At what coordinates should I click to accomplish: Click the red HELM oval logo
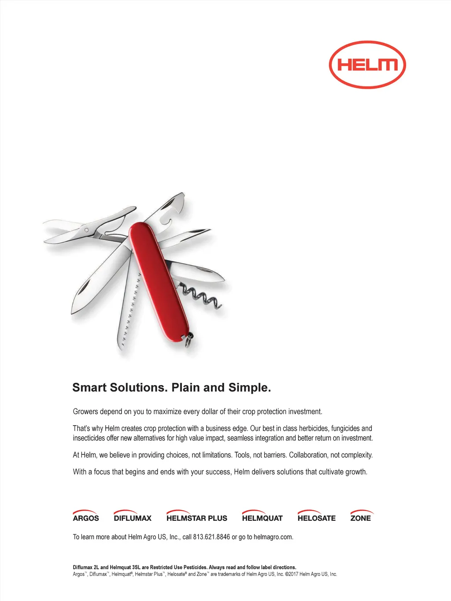pos(367,65)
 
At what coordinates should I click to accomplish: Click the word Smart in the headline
pos(89,388)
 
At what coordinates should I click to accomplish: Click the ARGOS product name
pos(86,518)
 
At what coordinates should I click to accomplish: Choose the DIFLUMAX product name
pos(133,518)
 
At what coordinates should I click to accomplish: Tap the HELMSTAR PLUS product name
pos(197,518)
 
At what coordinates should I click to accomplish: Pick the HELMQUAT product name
pos(262,518)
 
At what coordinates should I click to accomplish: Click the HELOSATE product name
pos(316,518)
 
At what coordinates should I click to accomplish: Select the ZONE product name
pos(360,518)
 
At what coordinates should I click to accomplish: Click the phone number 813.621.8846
pos(211,537)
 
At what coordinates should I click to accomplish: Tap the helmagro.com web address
pos(273,537)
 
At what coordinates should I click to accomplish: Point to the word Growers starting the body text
pos(85,412)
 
